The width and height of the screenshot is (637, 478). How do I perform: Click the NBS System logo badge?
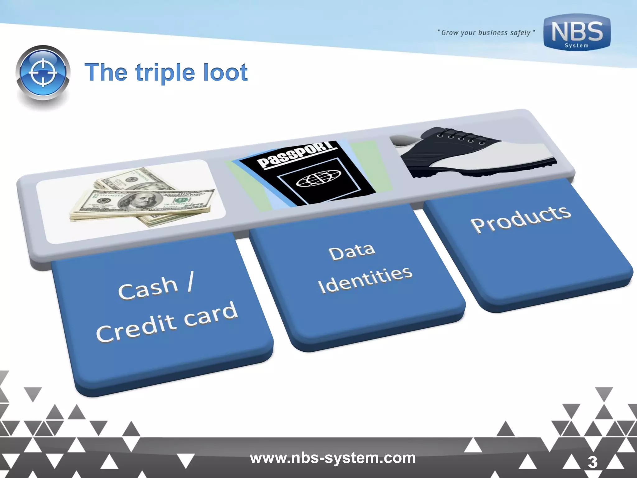(x=577, y=32)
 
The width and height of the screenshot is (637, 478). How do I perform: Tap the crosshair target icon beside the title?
(x=43, y=73)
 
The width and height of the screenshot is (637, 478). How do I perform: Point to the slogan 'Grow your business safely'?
(x=486, y=33)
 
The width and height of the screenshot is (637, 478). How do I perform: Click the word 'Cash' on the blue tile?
(x=148, y=288)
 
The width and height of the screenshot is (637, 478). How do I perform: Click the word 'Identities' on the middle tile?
(x=365, y=280)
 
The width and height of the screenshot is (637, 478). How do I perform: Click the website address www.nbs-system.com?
(x=332, y=458)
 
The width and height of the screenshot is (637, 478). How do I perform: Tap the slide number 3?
(x=592, y=462)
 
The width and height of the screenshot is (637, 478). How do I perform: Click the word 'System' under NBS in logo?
(x=577, y=46)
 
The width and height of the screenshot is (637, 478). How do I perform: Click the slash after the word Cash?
(x=190, y=282)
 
